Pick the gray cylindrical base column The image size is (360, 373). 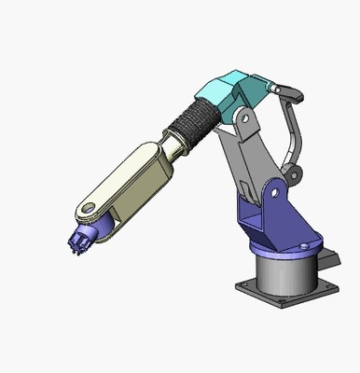[x=284, y=273]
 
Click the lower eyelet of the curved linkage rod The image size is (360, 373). [x=298, y=172]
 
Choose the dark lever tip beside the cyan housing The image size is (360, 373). [x=292, y=92]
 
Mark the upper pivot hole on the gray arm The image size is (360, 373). [x=241, y=119]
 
